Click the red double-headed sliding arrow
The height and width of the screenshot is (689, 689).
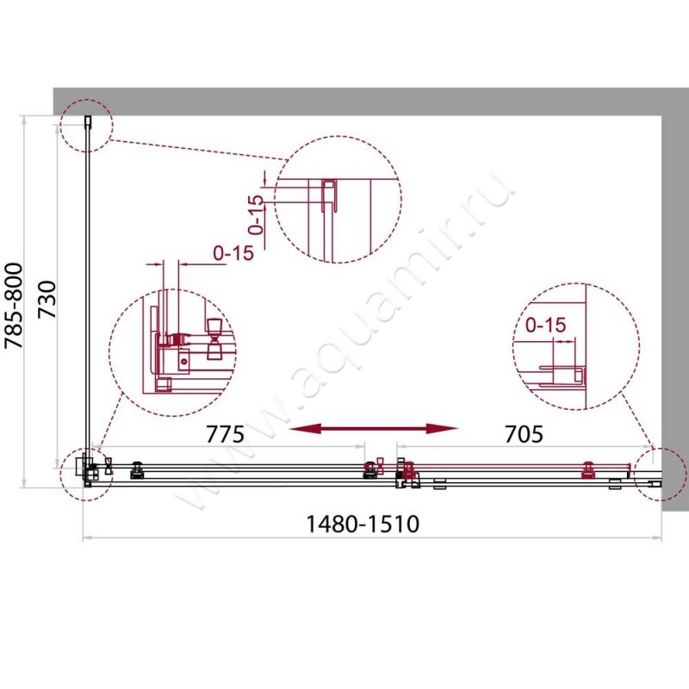click(372, 428)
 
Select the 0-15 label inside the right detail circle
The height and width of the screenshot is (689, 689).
click(543, 326)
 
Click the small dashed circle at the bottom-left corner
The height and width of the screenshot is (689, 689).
click(86, 471)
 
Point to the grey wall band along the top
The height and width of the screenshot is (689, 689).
click(370, 100)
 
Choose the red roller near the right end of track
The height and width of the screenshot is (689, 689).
click(590, 469)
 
